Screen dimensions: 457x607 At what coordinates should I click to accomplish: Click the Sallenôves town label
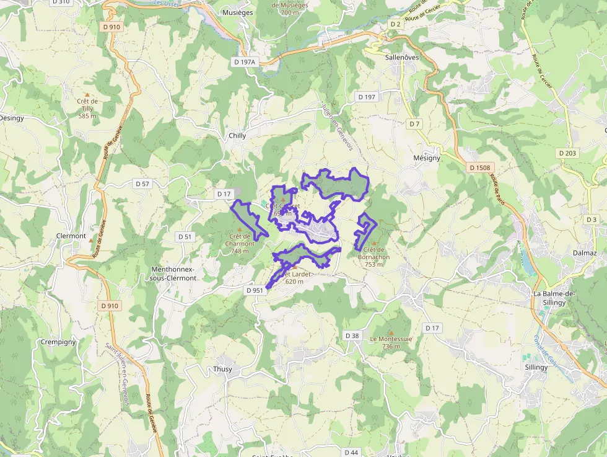(402, 57)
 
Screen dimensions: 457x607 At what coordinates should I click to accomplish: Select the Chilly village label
(237, 135)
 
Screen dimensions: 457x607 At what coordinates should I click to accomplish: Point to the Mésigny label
(427, 158)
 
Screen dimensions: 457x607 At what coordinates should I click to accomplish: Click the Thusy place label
(222, 369)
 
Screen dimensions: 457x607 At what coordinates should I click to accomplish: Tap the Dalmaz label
(584, 253)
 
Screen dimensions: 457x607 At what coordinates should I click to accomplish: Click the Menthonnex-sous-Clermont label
(173, 273)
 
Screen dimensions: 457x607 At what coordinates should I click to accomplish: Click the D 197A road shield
(245, 62)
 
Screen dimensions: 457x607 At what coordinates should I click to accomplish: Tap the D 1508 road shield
(479, 167)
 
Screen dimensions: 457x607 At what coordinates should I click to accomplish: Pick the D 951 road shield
(255, 290)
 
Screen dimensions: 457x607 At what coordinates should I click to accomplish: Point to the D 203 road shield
(567, 153)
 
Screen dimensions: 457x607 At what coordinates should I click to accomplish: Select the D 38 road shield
(352, 335)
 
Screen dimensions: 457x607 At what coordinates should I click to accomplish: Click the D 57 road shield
(142, 184)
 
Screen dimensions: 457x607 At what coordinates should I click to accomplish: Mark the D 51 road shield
(185, 236)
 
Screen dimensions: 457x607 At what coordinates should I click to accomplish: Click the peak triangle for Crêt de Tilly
(87, 95)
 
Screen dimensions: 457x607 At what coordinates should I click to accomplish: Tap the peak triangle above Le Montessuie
(391, 332)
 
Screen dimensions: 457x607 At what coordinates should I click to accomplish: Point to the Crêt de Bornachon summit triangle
(373, 242)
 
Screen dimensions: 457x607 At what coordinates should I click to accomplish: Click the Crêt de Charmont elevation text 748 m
(240, 251)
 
